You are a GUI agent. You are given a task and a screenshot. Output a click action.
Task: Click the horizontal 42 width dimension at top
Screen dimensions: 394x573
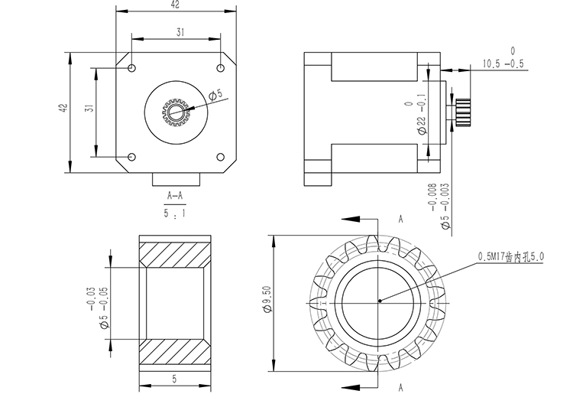[175, 5]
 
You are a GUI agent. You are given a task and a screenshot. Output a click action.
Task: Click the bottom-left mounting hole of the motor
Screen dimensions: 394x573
[132, 158]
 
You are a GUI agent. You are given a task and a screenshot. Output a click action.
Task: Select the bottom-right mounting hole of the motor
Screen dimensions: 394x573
[220, 158]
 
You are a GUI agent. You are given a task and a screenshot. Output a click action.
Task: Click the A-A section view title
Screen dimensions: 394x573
[175, 196]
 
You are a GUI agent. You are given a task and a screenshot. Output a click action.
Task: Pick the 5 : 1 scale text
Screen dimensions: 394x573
[175, 215]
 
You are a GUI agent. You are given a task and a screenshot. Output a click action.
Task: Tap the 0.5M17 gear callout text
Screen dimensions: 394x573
[510, 257]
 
